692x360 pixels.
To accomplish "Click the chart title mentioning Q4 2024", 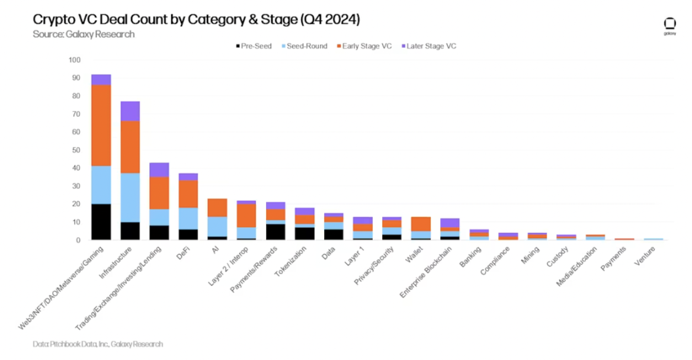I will (196, 19).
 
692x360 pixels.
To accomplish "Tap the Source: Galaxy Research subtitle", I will (84, 34).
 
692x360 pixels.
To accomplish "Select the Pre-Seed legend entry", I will (253, 46).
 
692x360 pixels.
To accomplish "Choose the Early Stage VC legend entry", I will (363, 46).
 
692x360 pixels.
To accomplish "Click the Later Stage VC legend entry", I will (428, 46).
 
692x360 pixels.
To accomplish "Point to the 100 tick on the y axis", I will (75, 60).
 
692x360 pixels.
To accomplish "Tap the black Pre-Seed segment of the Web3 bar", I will (101, 222).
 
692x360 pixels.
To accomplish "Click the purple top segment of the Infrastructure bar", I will (130, 111).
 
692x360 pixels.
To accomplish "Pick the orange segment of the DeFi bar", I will (188, 194).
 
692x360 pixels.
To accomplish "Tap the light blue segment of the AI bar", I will (217, 226).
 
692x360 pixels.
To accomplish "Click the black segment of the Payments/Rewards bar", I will (275, 232).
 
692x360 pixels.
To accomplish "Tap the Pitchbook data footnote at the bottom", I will (98, 344).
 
